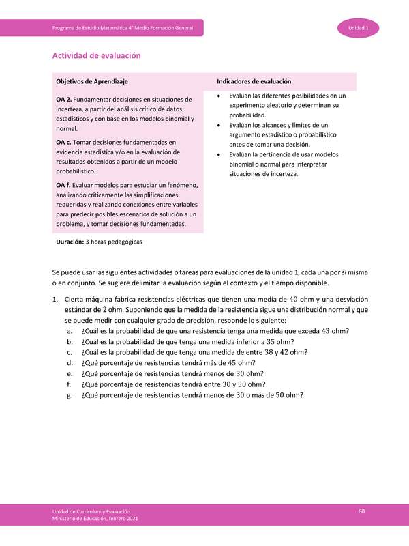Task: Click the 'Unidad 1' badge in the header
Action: tap(359, 28)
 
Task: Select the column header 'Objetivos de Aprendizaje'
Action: tap(92, 81)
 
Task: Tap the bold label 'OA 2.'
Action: tap(63, 100)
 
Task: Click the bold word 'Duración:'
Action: tap(70, 242)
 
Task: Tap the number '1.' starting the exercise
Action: tap(55, 300)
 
